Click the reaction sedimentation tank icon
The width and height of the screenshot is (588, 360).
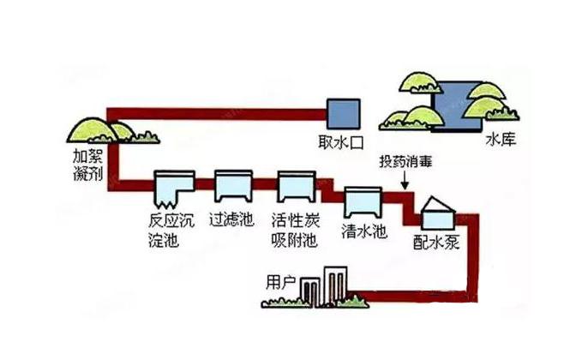[x=173, y=188]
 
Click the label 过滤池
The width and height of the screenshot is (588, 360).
[x=231, y=219]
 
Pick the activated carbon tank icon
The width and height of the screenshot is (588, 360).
[x=297, y=186]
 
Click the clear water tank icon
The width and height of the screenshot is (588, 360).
[x=361, y=201]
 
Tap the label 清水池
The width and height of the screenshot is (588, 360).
[x=362, y=231]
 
